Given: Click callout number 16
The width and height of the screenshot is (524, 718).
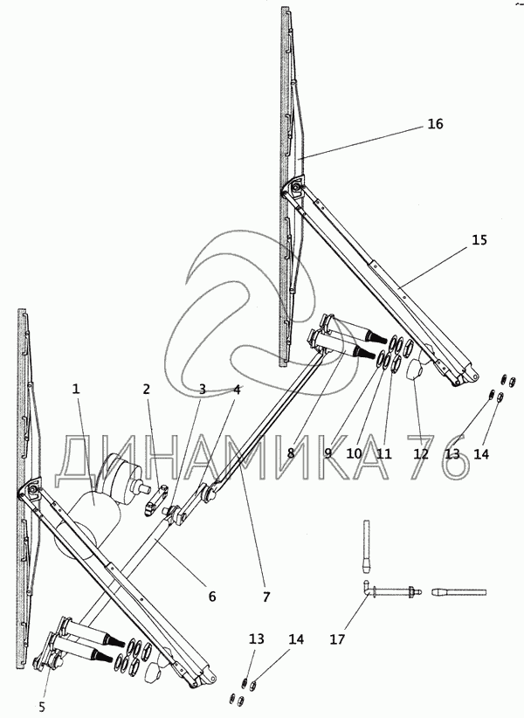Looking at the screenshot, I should (435, 124).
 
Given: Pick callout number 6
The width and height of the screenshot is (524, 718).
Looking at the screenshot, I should (210, 597).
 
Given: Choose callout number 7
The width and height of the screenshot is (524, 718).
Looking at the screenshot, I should (266, 597).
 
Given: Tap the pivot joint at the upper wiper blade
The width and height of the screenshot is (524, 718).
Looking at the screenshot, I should (294, 189).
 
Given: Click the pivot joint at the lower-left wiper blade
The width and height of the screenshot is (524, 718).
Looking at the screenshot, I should (32, 494).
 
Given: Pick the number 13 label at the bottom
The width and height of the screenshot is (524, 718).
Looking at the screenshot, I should (256, 639).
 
